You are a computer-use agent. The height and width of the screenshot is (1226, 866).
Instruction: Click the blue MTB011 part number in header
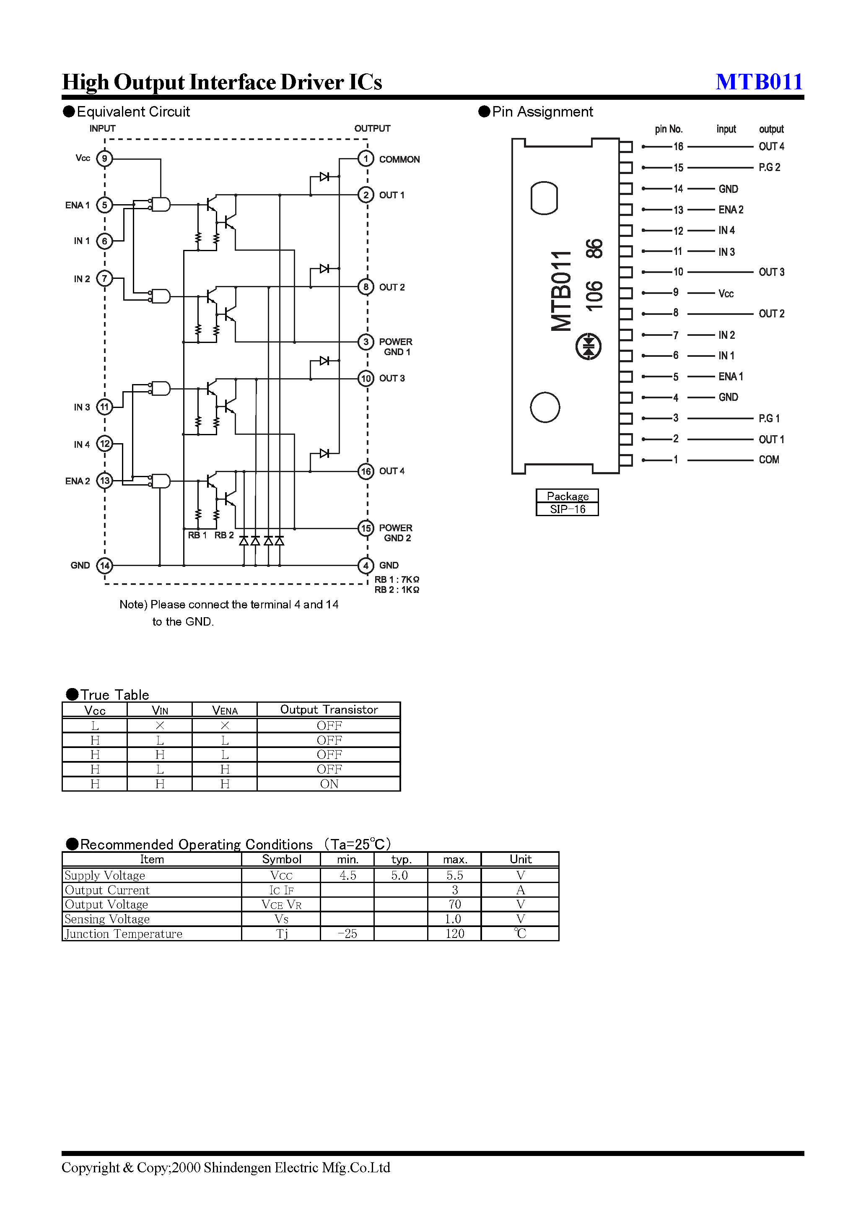(759, 82)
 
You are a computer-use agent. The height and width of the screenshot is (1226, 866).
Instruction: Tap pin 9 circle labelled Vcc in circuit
(105, 158)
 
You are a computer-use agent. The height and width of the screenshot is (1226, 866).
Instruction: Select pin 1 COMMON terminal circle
(366, 158)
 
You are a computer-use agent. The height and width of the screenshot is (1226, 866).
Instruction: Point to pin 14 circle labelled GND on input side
(105, 566)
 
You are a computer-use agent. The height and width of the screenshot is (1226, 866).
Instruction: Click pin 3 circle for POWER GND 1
(366, 342)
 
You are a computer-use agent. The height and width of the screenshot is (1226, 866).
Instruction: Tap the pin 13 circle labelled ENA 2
(105, 481)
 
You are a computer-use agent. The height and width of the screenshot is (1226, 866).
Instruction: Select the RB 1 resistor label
(197, 535)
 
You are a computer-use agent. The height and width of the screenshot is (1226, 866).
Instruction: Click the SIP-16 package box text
(568, 509)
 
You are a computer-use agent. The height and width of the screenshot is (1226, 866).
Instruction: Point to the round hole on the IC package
(544, 408)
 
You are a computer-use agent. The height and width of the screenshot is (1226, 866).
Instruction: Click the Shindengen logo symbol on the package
(589, 347)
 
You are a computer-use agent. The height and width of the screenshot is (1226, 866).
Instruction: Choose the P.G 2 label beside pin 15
(769, 168)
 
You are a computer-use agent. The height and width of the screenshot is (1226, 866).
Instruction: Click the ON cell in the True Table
(329, 784)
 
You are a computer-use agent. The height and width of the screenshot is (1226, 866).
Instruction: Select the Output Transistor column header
(329, 710)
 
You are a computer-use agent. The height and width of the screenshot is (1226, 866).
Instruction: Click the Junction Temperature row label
(123, 934)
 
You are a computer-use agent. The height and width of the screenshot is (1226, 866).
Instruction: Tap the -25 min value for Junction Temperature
(347, 934)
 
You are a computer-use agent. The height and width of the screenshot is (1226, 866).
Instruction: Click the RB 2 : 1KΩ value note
(397, 590)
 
